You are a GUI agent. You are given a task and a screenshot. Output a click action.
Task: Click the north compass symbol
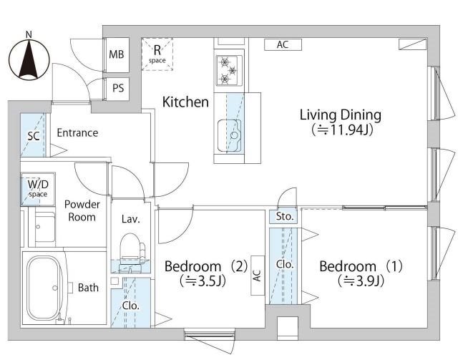coord(29,59)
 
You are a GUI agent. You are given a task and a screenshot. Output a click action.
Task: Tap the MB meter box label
coord(117,54)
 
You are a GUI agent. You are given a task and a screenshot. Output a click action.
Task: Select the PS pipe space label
coord(118,88)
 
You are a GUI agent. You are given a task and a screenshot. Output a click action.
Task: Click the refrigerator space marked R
coord(157,54)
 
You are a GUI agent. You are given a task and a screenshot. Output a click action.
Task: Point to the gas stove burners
coord(229,71)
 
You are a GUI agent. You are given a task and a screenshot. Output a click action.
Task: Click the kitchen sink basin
coord(229,135)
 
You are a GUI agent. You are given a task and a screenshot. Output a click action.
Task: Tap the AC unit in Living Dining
coord(283,44)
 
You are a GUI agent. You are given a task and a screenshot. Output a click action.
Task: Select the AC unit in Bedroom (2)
coord(258,276)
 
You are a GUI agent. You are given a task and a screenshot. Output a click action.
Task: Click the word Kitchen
coord(185,102)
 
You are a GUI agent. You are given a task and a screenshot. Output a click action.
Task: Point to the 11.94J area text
coord(342,130)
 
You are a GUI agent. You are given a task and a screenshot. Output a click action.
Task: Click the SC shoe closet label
coord(34,136)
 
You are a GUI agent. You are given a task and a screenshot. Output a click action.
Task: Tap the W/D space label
coord(38,188)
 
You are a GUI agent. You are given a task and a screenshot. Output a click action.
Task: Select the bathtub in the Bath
coord(43,288)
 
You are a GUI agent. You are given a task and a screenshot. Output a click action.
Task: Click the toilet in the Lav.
coord(132,248)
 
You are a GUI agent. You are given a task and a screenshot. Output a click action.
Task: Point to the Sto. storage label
coord(285,216)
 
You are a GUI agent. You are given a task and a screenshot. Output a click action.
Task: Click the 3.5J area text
coord(203,281)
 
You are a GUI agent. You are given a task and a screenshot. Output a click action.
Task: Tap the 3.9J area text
coord(361,281)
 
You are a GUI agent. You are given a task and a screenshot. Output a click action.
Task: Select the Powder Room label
coord(82,210)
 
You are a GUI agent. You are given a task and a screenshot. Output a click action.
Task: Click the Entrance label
coord(77,133)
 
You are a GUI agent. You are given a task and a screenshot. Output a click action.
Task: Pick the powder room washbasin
coord(44,227)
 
